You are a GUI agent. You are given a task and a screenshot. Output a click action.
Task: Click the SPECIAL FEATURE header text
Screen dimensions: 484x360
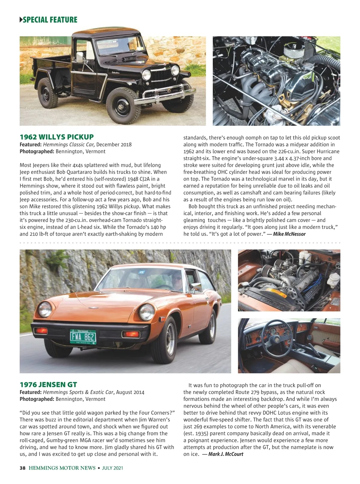click(50, 20)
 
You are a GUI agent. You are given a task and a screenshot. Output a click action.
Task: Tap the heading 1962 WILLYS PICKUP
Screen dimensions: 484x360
click(57, 137)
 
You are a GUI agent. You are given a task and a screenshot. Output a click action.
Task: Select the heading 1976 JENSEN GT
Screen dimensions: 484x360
click(48, 384)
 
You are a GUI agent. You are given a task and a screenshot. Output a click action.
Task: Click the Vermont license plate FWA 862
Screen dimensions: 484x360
click(83, 337)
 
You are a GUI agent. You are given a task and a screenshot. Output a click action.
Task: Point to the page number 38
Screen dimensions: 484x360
click(22, 468)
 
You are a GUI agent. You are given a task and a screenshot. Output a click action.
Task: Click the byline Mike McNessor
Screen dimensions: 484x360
click(289, 234)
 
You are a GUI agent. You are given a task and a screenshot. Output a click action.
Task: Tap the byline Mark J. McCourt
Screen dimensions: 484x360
click(226, 454)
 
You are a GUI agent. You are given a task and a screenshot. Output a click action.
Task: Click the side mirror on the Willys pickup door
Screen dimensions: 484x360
click(80, 57)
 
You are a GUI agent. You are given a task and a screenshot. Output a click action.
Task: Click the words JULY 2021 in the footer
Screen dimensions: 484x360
click(112, 468)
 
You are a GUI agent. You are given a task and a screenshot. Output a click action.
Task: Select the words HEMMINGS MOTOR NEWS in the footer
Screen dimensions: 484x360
click(62, 468)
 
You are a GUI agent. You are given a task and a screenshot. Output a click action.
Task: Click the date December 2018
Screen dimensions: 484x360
click(114, 145)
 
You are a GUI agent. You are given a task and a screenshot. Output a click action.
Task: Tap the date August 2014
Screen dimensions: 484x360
click(130, 392)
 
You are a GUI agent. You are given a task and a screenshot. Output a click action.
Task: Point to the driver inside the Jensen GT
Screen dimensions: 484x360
click(177, 279)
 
